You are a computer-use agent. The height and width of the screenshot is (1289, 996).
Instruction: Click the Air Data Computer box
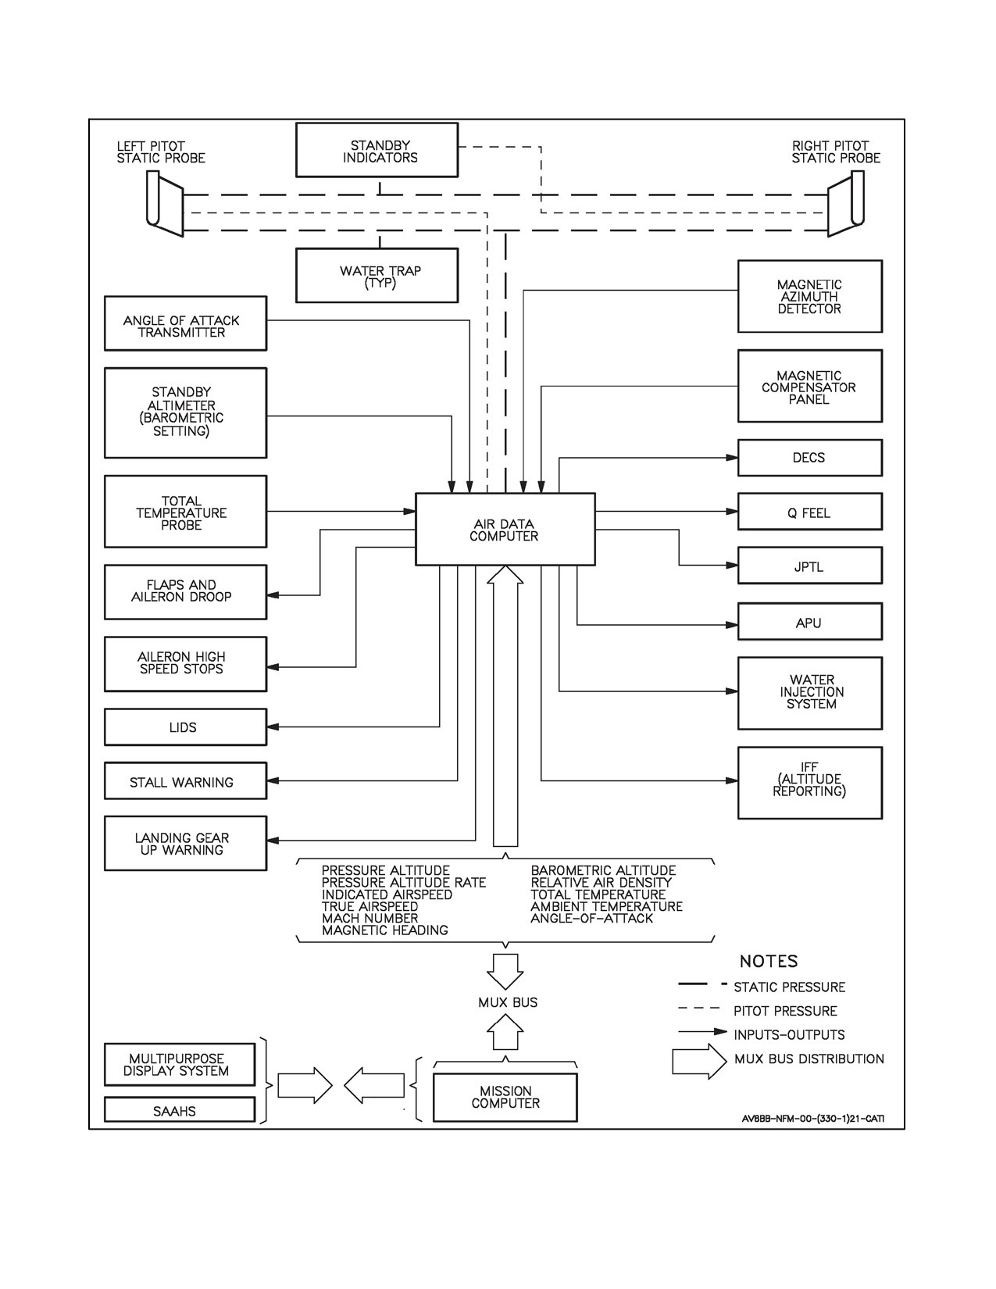pyautogui.click(x=505, y=529)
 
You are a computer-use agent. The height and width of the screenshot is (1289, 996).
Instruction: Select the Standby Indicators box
pyautogui.click(x=377, y=150)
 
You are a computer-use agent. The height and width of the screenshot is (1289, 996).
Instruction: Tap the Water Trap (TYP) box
pyautogui.click(x=377, y=275)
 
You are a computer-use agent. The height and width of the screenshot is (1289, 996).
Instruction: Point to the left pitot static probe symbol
pyautogui.click(x=165, y=204)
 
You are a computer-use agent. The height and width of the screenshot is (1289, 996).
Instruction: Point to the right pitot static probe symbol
pyautogui.click(x=846, y=203)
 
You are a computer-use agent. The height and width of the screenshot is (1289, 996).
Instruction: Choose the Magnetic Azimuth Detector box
pyautogui.click(x=810, y=296)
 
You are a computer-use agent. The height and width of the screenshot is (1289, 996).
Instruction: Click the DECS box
pyautogui.click(x=810, y=457)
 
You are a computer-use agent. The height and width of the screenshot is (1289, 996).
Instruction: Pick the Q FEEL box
pyautogui.click(x=810, y=512)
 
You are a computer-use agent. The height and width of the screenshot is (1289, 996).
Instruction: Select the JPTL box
pyautogui.click(x=810, y=566)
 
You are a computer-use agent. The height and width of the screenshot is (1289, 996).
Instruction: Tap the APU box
pyautogui.click(x=810, y=622)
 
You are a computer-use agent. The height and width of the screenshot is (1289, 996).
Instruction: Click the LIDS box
pyautogui.click(x=185, y=727)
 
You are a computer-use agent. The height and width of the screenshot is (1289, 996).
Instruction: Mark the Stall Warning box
pyautogui.click(x=185, y=780)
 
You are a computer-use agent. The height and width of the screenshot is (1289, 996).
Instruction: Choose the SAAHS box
pyautogui.click(x=179, y=1109)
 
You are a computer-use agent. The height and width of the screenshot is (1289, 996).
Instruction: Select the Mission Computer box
pyautogui.click(x=505, y=1098)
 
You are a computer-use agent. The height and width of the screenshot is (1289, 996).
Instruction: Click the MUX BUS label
pyautogui.click(x=508, y=1002)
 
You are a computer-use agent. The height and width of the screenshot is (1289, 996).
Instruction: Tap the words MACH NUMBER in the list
pyautogui.click(x=369, y=918)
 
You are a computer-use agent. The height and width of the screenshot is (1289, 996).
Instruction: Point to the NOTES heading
pyautogui.click(x=768, y=961)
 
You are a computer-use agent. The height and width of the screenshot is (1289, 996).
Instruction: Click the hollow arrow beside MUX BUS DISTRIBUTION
pyautogui.click(x=699, y=1061)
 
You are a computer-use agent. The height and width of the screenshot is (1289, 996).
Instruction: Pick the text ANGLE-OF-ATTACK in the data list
pyautogui.click(x=591, y=918)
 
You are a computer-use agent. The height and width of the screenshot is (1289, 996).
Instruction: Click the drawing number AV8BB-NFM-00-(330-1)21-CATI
pyautogui.click(x=812, y=1119)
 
